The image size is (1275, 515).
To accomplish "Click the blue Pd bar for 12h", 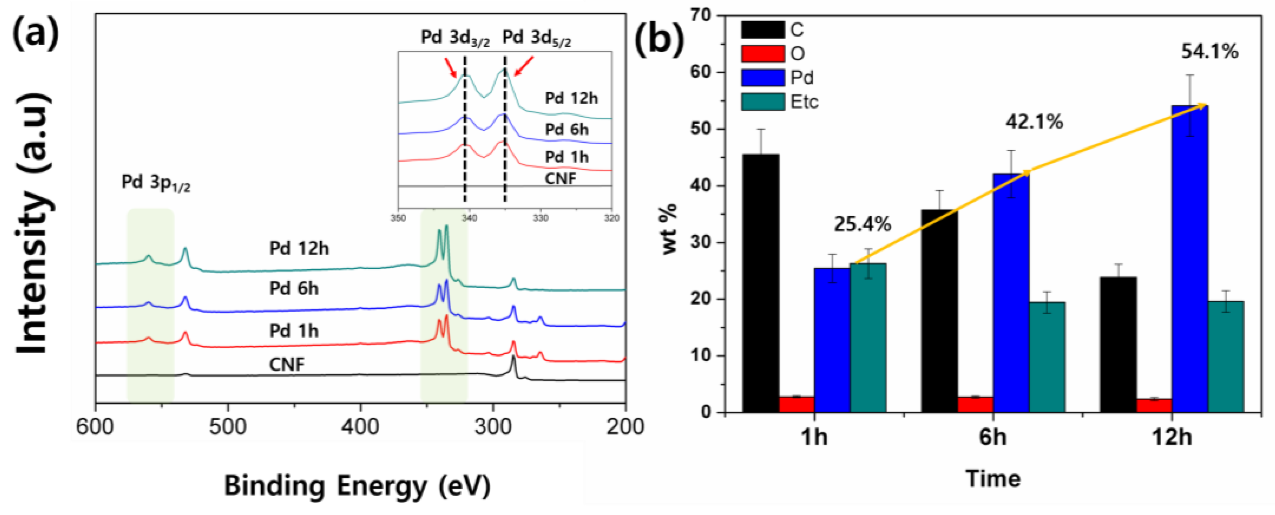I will (x=1190, y=257).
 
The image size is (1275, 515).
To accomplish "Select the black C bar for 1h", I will (x=761, y=282).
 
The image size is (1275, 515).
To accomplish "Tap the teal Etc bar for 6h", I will (x=1047, y=357).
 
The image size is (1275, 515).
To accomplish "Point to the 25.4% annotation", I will (x=862, y=224).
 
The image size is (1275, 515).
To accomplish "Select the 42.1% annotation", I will (x=1034, y=122).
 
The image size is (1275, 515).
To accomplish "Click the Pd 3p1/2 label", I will (x=156, y=183).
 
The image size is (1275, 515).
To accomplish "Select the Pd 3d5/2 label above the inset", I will (x=536, y=38).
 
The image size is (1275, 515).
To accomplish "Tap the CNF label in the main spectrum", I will (x=287, y=364).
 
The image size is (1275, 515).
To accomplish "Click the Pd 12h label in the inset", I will (x=571, y=98).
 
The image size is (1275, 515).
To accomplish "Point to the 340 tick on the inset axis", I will (x=469, y=218).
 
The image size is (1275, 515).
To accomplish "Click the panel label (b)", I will (x=659, y=40).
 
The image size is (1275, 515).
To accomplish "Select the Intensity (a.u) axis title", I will (x=34, y=223).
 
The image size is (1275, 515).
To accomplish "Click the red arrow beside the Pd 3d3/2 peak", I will (x=451, y=67).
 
